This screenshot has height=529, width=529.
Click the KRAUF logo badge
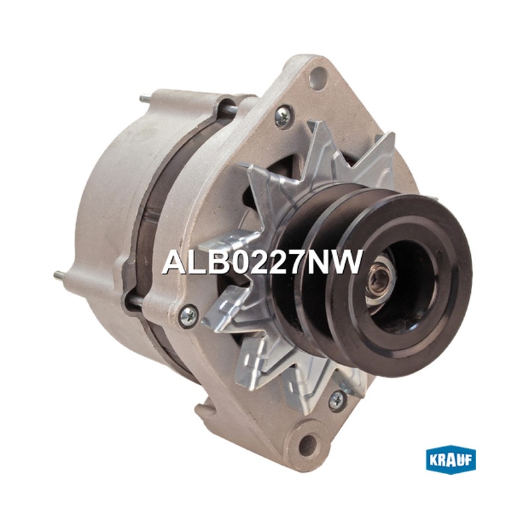click(451, 460)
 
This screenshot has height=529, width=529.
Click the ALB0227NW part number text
click(262, 263)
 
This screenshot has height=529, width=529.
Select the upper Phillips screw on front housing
click(283, 117)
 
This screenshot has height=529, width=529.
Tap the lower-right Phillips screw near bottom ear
click(337, 401)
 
